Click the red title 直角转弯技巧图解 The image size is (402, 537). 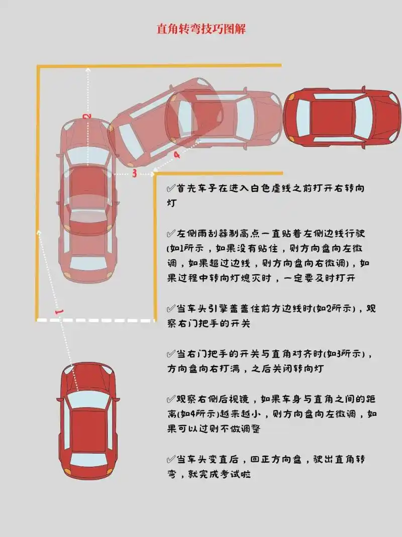(200, 29)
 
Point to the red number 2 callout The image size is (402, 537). (87, 116)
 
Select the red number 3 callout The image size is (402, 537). (134, 174)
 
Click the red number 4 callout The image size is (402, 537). (176, 156)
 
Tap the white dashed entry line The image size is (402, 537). (95, 320)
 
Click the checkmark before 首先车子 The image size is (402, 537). (171, 188)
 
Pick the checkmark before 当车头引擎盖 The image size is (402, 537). (171, 308)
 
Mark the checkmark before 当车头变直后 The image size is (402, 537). (171, 459)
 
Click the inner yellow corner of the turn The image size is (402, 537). (155, 174)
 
